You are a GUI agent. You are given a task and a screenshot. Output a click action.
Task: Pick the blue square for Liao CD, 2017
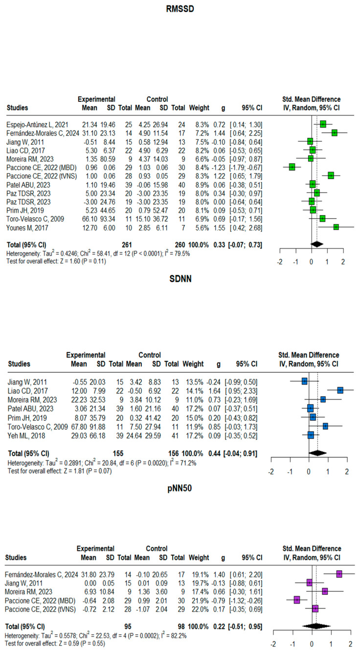tap(340, 390)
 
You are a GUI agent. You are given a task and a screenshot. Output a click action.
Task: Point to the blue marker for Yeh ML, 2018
tap(311, 434)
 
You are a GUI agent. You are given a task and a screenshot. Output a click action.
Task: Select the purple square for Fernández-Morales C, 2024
tap(339, 575)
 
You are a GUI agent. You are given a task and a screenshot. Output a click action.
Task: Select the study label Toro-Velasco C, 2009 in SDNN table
tap(36, 426)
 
